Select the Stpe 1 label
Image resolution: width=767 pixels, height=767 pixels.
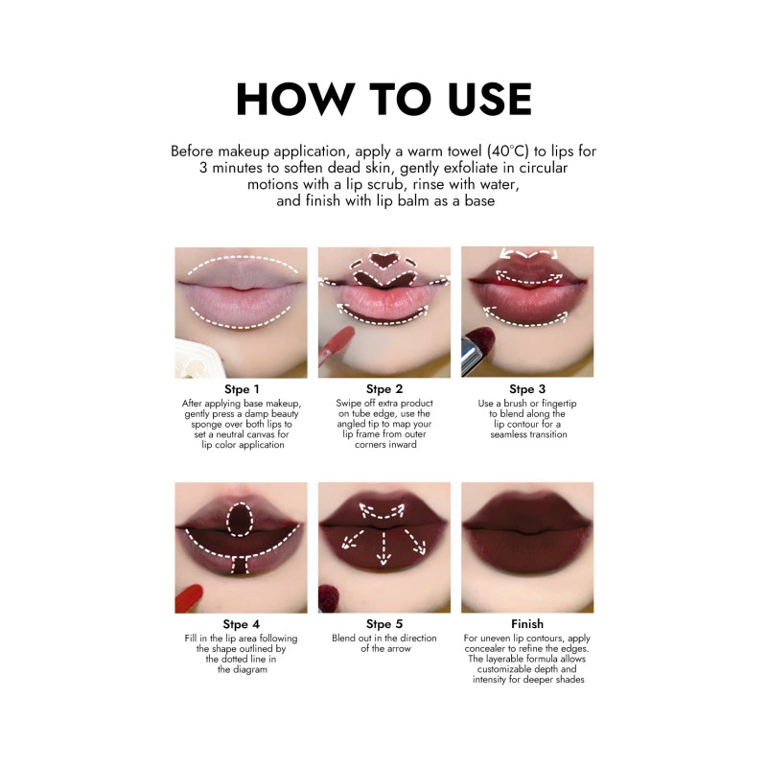(241, 389)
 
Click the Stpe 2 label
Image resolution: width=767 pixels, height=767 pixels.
(383, 389)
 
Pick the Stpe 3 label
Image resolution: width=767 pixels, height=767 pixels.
(527, 389)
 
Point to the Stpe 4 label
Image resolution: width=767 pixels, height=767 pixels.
(241, 624)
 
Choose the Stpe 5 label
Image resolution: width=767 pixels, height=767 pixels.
(383, 624)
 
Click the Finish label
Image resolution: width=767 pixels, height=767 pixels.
(527, 624)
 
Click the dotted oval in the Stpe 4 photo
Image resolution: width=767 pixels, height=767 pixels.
(241, 517)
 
